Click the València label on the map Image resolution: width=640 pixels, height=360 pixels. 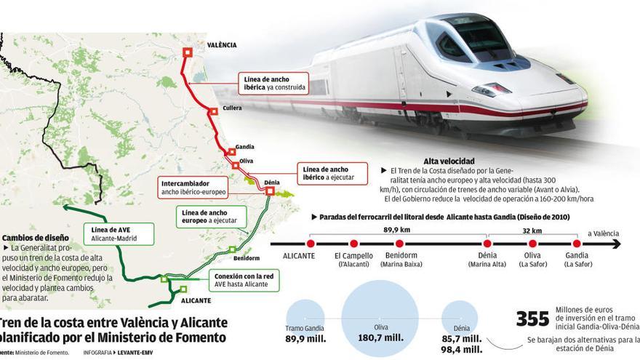pyautogui.click(x=222, y=45)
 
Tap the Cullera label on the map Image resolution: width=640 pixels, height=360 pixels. pyautogui.click(x=232, y=108)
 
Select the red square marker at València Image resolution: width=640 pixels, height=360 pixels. pyautogui.click(x=188, y=52)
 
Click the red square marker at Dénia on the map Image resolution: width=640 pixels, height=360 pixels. pyautogui.click(x=270, y=191)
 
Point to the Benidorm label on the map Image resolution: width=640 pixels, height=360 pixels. pyautogui.click(x=247, y=258)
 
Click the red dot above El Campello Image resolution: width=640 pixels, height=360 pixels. pyautogui.click(x=353, y=244)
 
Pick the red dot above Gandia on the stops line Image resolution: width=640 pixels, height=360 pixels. pyautogui.click(x=577, y=244)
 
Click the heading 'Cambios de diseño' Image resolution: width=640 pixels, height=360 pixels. pyautogui.click(x=35, y=238)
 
